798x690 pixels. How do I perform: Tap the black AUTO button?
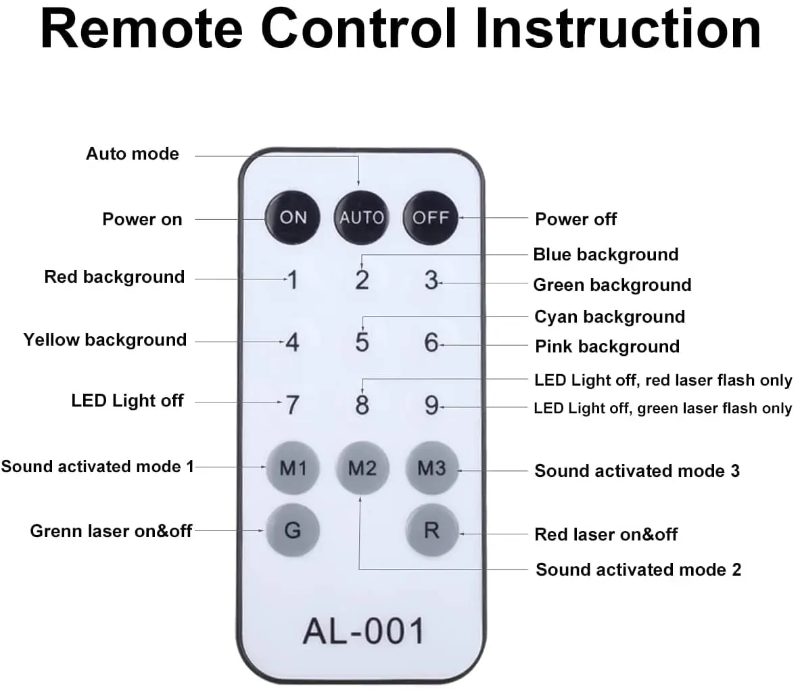(361, 218)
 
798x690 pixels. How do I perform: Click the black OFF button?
(430, 218)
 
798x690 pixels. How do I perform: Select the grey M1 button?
(293, 468)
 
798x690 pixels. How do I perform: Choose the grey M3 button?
(431, 468)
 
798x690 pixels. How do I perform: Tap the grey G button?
(293, 530)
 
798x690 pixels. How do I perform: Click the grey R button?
(431, 530)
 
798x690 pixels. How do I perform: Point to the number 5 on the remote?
(362, 342)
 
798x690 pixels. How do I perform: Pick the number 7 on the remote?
(292, 405)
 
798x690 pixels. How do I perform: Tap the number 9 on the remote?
(431, 405)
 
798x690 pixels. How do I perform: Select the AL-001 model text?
(363, 630)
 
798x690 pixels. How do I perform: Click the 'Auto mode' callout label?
(133, 154)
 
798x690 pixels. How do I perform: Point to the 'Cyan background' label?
(609, 317)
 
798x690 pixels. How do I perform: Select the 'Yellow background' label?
(105, 340)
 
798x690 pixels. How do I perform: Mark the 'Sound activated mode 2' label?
(638, 570)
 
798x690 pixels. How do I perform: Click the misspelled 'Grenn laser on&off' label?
(111, 531)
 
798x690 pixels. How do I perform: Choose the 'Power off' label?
(576, 219)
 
